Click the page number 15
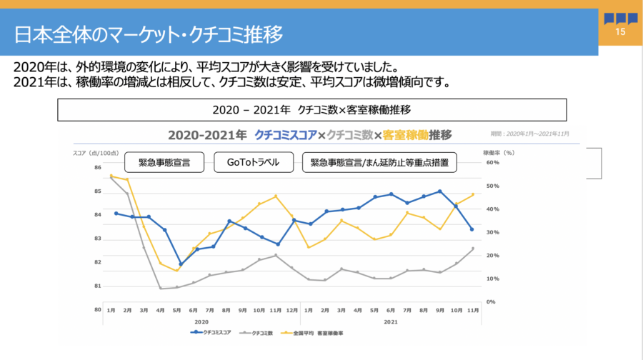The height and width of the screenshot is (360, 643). [619, 33]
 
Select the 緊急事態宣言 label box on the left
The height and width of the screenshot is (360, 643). [164, 162]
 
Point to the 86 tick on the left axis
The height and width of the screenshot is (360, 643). [97, 168]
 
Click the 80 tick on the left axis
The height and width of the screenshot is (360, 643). [97, 310]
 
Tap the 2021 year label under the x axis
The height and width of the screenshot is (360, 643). [390, 321]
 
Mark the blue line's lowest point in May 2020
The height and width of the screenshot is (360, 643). [181, 264]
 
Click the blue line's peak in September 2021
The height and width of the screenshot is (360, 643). [440, 191]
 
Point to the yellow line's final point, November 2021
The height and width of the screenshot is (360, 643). [472, 194]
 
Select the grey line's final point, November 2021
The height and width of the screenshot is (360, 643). [472, 249]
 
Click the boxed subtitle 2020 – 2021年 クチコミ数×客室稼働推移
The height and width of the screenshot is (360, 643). [311, 110]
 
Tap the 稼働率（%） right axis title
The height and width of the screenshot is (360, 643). [499, 152]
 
